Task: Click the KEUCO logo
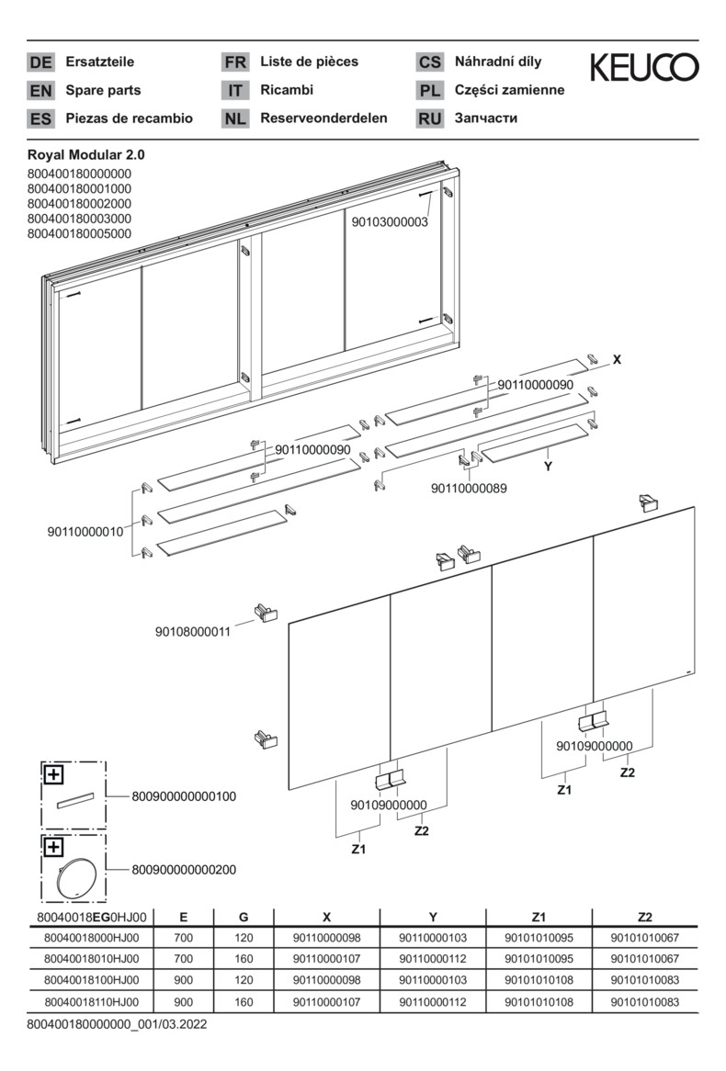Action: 643,67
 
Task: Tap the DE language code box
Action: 40,62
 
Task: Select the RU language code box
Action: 430,118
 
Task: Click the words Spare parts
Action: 103,90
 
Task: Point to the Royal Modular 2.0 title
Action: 86,155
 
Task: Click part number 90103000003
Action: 390,221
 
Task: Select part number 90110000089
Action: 468,489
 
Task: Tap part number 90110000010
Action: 85,531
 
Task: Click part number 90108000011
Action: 193,631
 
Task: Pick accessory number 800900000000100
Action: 184,796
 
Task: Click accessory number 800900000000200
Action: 184,868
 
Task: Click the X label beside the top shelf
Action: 617,359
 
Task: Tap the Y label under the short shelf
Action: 548,467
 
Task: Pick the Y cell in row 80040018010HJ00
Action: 432,959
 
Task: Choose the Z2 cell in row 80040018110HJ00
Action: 644,1003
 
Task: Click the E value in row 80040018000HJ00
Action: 184,937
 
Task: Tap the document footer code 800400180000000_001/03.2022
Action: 116,1023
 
